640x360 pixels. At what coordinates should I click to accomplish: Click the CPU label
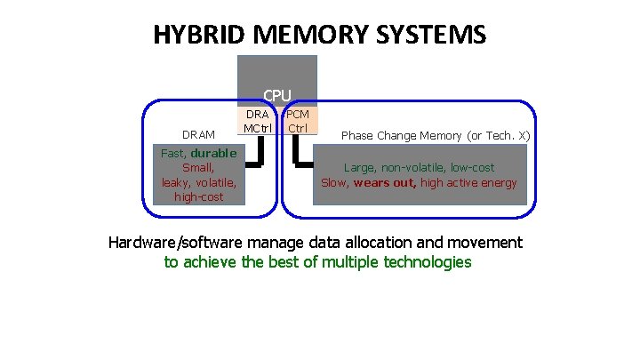(x=276, y=94)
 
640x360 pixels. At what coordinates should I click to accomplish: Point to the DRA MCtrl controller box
(x=257, y=122)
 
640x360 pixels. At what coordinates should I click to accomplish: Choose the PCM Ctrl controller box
(x=298, y=122)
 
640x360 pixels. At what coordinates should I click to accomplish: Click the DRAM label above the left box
(x=198, y=135)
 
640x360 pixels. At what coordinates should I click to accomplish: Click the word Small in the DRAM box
(x=197, y=167)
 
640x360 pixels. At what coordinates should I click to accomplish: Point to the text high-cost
(x=198, y=196)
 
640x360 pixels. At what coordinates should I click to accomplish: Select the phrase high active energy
(x=468, y=183)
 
